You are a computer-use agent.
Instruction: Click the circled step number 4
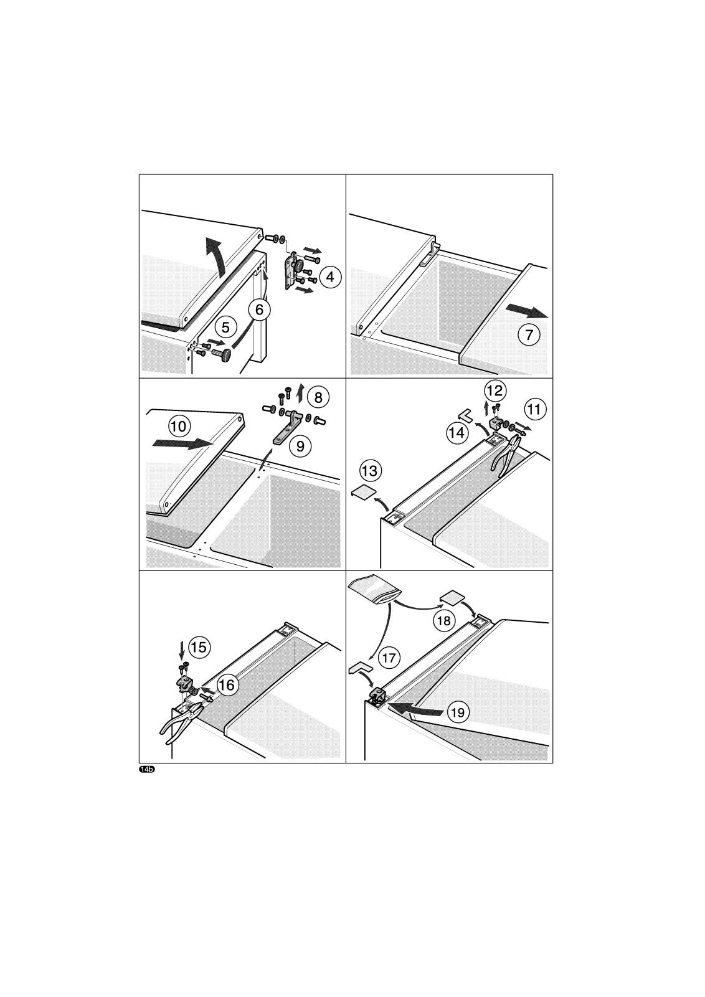[x=330, y=277]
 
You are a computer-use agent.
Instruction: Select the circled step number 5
[x=225, y=328]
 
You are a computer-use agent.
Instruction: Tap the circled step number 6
[x=260, y=309]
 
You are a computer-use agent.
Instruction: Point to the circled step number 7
[x=529, y=334]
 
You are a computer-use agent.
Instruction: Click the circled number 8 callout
[x=318, y=397]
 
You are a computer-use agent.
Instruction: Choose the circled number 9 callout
[x=300, y=446]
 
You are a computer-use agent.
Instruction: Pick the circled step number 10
[x=179, y=427]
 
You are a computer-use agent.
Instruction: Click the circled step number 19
[x=458, y=712]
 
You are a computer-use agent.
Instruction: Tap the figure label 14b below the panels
[x=147, y=770]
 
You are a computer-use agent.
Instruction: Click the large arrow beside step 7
[x=527, y=311]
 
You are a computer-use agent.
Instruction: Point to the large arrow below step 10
[x=182, y=443]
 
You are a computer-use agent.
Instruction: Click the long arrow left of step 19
[x=415, y=709]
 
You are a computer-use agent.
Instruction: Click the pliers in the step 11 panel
[x=508, y=456]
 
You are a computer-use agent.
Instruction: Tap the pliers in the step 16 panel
[x=179, y=723]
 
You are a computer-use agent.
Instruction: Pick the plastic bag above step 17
[x=376, y=589]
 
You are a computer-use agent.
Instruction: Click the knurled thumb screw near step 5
[x=222, y=355]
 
